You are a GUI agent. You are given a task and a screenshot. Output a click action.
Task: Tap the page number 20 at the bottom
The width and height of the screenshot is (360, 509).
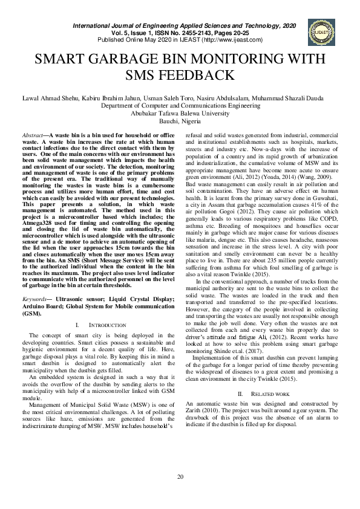point(180,478)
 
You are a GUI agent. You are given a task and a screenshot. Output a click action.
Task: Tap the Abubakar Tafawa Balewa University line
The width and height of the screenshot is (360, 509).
point(180,112)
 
